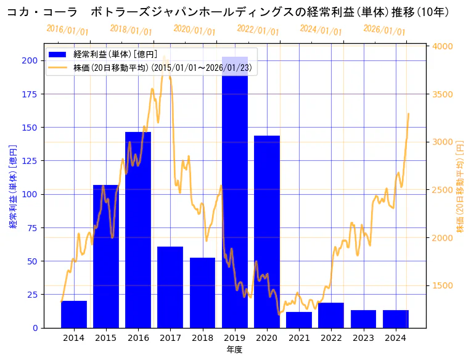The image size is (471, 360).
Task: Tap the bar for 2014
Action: pyautogui.click(x=74, y=314)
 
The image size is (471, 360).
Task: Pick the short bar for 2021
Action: pyautogui.click(x=299, y=320)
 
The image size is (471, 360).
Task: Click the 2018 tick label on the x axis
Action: pyautogui.click(x=202, y=338)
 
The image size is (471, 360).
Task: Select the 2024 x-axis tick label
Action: pyautogui.click(x=395, y=338)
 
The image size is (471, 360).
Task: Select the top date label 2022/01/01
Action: pyautogui.click(x=258, y=30)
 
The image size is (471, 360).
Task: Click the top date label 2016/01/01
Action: pyautogui.click(x=67, y=30)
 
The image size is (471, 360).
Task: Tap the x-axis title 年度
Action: pyautogui.click(x=234, y=350)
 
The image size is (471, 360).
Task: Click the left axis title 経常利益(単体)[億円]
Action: pyautogui.click(x=13, y=186)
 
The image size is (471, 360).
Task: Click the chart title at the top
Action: pyautogui.click(x=228, y=12)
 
